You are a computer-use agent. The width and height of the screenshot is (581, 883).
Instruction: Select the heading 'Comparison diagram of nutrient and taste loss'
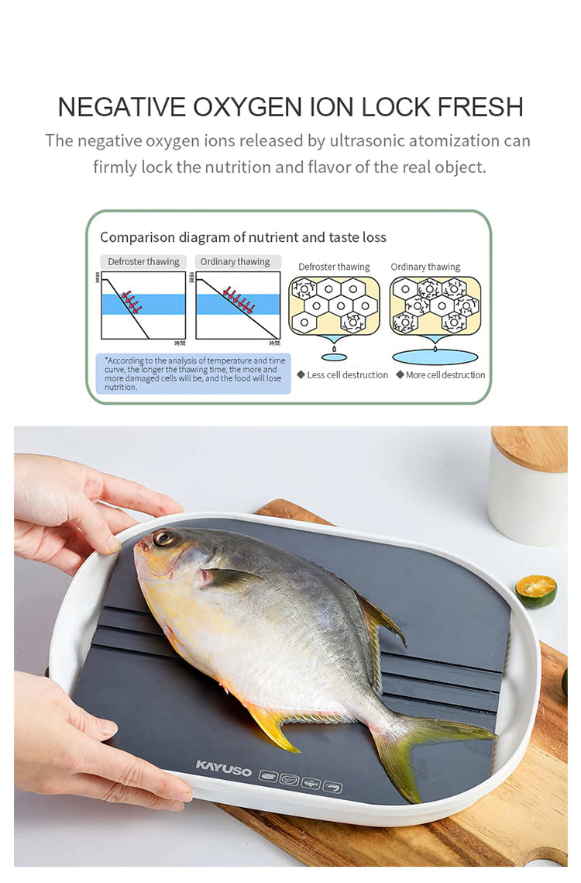243,237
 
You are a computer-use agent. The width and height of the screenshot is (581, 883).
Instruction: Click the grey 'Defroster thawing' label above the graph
143,262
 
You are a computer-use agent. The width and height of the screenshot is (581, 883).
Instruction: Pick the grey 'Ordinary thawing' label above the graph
235,262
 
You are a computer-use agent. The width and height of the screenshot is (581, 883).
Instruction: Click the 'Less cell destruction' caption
347,375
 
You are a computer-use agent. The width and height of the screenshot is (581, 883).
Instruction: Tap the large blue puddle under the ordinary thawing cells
435,357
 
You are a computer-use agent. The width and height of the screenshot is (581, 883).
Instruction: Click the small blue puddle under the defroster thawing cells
335,357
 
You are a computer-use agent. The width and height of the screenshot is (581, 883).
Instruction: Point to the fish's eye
163,537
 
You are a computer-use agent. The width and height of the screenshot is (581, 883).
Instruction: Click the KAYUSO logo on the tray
224,767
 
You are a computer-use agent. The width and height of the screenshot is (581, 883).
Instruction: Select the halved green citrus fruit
536,590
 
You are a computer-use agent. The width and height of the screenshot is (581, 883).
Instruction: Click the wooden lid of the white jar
529,447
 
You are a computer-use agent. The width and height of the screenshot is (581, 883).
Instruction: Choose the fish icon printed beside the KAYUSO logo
311,784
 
